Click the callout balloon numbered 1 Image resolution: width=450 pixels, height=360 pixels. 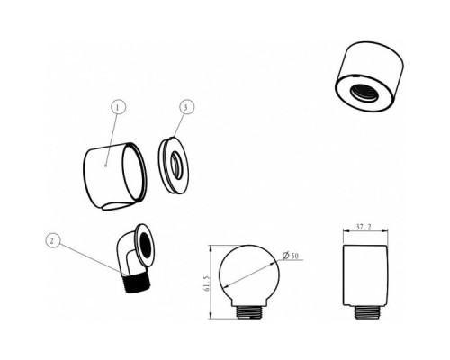pyautogui.click(x=118, y=107)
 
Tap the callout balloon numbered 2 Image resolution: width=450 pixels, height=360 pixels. pyautogui.click(x=53, y=241)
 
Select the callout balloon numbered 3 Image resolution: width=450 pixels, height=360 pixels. pyautogui.click(x=186, y=107)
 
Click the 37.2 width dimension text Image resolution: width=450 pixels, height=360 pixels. pyautogui.click(x=364, y=227)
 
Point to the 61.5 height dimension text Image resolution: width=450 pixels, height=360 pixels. pyautogui.click(x=206, y=283)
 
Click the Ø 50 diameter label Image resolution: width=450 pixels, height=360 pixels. pyautogui.click(x=291, y=256)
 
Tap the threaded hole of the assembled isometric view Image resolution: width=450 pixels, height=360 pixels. pyautogui.click(x=364, y=92)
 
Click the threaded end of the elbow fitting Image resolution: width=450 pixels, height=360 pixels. pyautogui.click(x=137, y=283)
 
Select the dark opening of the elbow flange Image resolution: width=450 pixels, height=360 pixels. pyautogui.click(x=146, y=245)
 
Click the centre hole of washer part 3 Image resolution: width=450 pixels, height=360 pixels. pyautogui.click(x=176, y=166)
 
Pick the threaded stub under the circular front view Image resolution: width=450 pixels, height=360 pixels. pyautogui.click(x=249, y=312)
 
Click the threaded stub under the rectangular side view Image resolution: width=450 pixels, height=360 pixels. pyautogui.click(x=365, y=312)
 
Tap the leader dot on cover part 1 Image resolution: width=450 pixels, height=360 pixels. pyautogui.click(x=105, y=165)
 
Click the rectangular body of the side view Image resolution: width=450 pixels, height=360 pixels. pyautogui.click(x=365, y=275)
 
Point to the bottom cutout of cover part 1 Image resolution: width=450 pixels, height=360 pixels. pyautogui.click(x=116, y=206)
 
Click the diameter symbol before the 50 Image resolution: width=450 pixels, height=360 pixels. pyautogui.click(x=285, y=256)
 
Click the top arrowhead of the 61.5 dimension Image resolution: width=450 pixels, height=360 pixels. pyautogui.click(x=211, y=248)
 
